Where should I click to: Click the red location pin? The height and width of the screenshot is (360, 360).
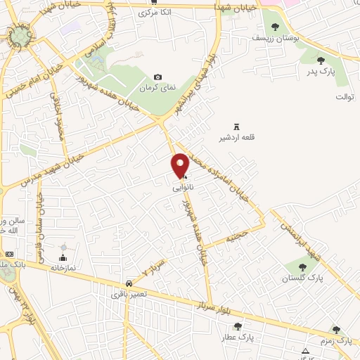(x=181, y=165)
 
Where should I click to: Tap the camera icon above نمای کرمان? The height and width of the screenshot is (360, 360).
(x=157, y=77)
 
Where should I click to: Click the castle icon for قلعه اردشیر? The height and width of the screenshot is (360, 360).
(x=236, y=125)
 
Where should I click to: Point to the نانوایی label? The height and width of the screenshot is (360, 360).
(x=183, y=188)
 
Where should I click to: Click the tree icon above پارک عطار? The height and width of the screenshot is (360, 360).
(x=238, y=326)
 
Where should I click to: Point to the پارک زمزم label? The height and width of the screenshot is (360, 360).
(x=335, y=340)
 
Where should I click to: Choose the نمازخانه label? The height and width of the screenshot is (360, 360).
(x=62, y=268)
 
